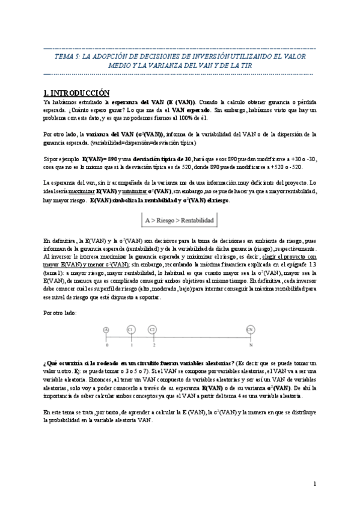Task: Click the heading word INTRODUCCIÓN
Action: click(x=81, y=93)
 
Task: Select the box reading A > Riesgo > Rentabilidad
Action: click(x=179, y=221)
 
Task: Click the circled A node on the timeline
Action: click(x=106, y=330)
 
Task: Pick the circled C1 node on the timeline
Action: click(x=130, y=330)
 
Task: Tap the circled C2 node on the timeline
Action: click(x=153, y=330)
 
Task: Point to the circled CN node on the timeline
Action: click(x=249, y=330)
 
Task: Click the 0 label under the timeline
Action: click(x=106, y=345)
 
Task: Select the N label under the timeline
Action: click(x=249, y=345)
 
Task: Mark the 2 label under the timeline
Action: click(x=153, y=345)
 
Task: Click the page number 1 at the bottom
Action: click(x=315, y=484)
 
